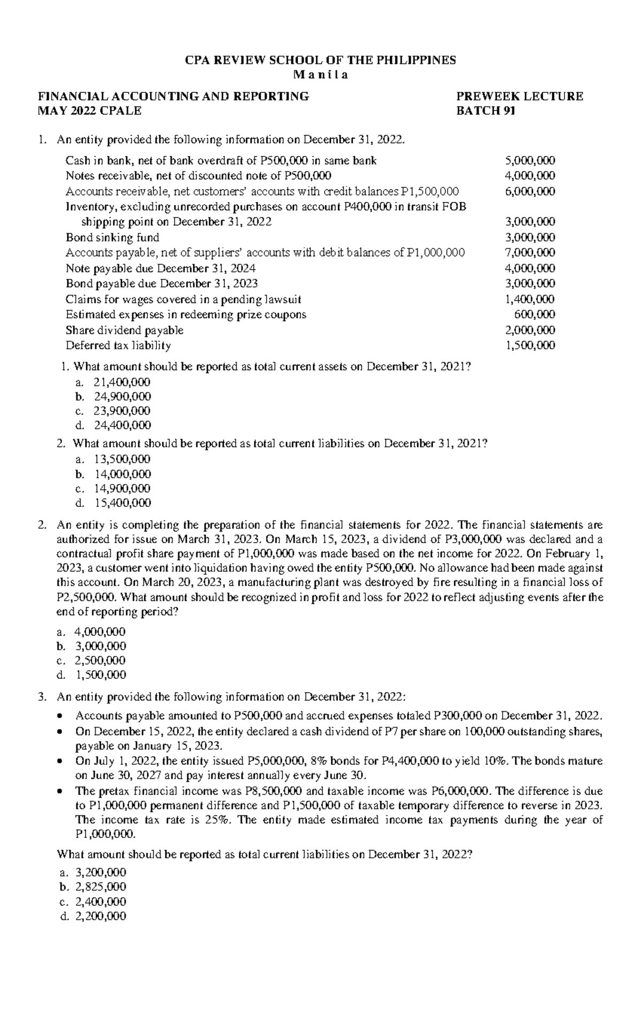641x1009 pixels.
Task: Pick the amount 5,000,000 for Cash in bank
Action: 530,160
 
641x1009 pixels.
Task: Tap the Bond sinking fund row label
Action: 112,237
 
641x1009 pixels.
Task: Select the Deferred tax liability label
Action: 118,345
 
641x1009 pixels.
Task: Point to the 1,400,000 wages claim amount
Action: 530,299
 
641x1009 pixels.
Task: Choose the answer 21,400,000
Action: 122,382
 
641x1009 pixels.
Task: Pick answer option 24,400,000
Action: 122,425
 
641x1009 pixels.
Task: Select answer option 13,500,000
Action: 122,459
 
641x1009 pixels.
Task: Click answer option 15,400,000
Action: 122,503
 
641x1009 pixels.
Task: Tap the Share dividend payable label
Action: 124,330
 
